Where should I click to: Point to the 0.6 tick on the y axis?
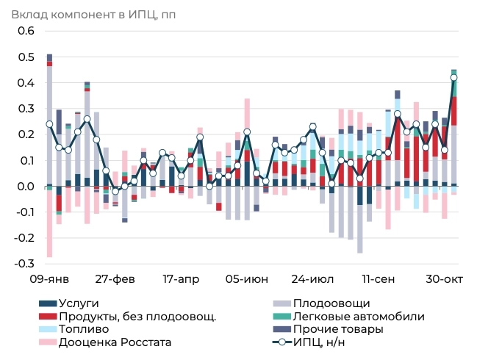click(26, 31)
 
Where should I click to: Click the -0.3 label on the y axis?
click(24, 264)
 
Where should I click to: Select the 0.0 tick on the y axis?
click(26, 187)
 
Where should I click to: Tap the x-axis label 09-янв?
click(49, 280)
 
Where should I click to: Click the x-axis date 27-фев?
click(115, 280)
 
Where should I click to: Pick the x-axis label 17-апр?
click(181, 280)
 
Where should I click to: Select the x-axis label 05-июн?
click(246, 280)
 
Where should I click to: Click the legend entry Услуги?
click(79, 303)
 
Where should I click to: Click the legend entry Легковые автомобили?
click(358, 317)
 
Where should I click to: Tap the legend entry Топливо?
click(82, 329)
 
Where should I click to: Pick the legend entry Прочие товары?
click(338, 329)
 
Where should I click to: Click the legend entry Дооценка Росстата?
click(115, 342)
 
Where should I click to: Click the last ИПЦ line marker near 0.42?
click(453, 77)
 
